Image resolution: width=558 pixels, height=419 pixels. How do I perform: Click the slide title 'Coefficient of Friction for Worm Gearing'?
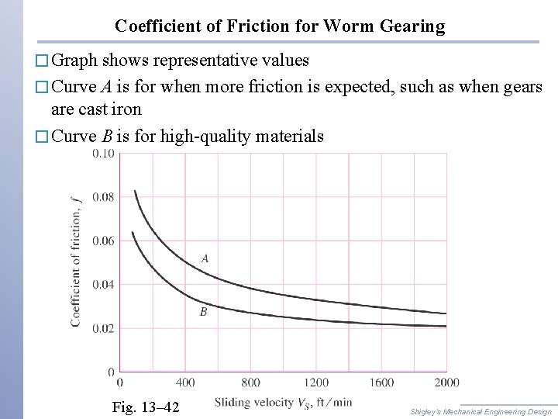[280, 26]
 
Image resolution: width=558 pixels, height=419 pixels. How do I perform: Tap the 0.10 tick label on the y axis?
[103, 154]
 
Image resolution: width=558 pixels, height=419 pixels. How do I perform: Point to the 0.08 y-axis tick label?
[103, 197]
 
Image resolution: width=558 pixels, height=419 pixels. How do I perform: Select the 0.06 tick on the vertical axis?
[103, 241]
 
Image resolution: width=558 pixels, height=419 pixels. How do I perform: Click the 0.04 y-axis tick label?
[103, 285]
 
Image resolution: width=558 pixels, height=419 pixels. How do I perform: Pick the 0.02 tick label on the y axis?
[103, 329]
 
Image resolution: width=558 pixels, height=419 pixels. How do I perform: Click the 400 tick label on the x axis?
[185, 383]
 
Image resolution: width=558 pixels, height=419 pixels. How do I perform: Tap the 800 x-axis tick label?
[250, 383]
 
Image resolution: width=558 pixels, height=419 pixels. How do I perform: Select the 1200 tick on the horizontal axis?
[315, 383]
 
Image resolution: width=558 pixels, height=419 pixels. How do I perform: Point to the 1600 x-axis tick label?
[381, 383]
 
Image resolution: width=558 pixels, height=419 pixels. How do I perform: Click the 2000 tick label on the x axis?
[446, 383]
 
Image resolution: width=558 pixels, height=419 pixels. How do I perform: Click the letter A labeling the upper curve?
[205, 258]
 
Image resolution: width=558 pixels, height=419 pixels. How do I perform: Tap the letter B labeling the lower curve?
[203, 312]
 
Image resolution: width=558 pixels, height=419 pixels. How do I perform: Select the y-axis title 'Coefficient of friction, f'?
[77, 262]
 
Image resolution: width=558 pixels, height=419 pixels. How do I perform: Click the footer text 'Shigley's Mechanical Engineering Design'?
[480, 411]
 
